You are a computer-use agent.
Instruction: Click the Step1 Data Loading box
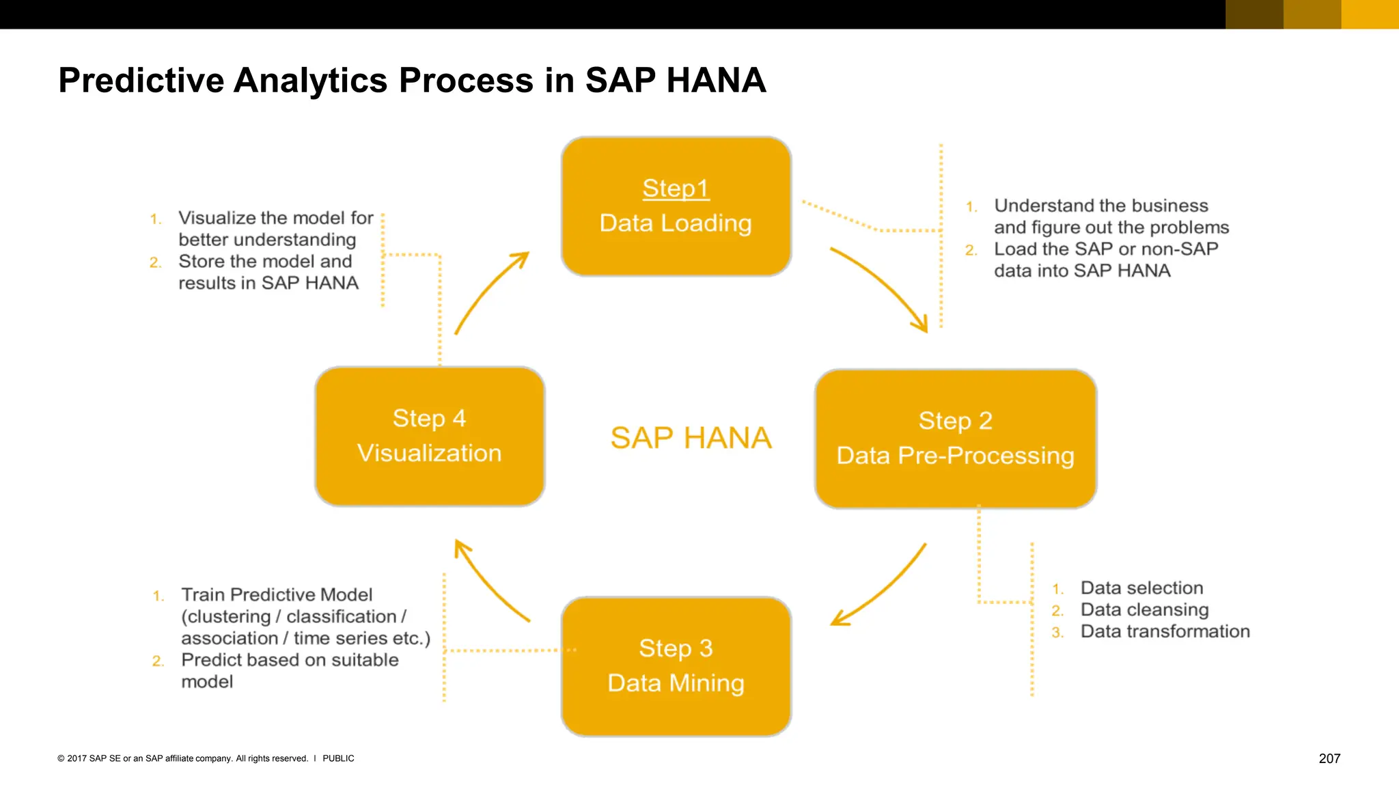point(676,206)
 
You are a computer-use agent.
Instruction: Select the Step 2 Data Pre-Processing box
point(955,439)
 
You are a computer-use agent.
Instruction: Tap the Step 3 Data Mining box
point(676,666)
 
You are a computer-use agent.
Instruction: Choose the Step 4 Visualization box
point(430,436)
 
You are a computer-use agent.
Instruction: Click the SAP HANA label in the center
point(691,438)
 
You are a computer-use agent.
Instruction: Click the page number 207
point(1329,758)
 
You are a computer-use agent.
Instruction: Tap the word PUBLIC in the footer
point(338,758)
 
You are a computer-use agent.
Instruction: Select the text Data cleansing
point(1144,609)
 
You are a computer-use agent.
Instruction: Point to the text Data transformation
point(1165,631)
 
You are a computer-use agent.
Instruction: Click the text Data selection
point(1141,588)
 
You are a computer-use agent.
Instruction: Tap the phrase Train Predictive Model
point(277,594)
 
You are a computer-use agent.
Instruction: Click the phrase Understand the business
point(1100,206)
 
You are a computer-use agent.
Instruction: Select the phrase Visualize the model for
point(275,218)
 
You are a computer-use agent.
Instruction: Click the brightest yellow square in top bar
point(1370,14)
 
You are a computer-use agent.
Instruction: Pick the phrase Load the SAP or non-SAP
point(1105,249)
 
